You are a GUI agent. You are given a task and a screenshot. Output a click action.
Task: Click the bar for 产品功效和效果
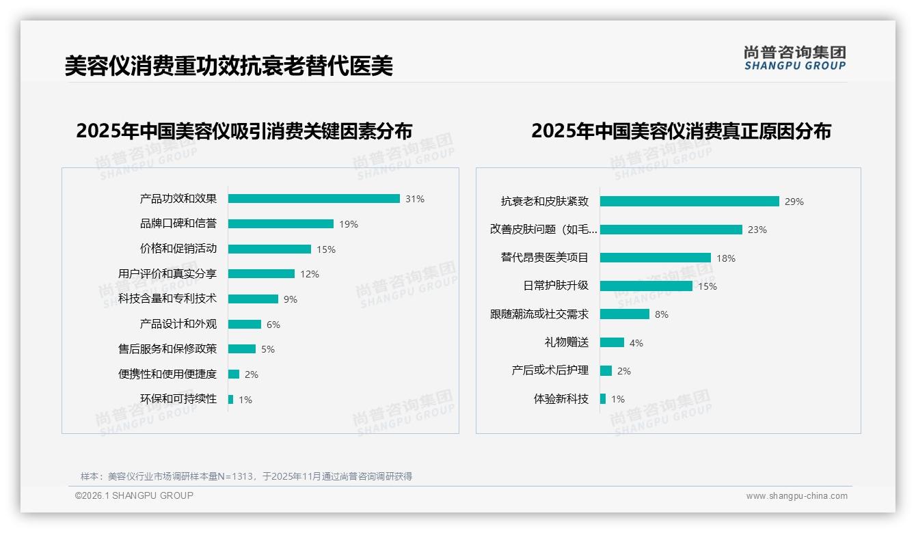(x=314, y=199)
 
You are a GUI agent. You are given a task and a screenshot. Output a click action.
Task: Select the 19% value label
(x=349, y=224)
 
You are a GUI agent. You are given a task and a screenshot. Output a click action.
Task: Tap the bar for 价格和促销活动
(x=269, y=249)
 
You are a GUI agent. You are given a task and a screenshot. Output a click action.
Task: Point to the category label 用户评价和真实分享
(x=167, y=274)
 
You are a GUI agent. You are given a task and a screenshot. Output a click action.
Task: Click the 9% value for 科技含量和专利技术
(x=291, y=299)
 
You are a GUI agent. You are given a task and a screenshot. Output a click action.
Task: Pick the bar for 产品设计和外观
(x=245, y=325)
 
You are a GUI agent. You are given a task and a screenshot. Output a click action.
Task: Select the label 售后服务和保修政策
(x=167, y=349)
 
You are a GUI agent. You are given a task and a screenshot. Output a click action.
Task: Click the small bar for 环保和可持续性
(x=231, y=400)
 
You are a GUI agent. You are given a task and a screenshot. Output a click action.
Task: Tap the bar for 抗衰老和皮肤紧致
(x=689, y=202)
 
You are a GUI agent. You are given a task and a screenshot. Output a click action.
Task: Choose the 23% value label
(x=757, y=230)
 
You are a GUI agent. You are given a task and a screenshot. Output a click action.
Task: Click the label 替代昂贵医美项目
(x=545, y=258)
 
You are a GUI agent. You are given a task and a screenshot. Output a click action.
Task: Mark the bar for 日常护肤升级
(x=646, y=286)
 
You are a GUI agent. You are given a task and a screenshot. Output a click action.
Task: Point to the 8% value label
(x=662, y=315)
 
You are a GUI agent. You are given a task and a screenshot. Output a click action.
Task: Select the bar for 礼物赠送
(x=612, y=342)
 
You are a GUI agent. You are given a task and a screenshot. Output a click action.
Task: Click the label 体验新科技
(x=561, y=399)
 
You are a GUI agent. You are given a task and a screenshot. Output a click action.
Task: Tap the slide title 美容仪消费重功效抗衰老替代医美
(x=229, y=66)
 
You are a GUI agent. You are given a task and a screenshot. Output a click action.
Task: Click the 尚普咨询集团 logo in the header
(x=795, y=58)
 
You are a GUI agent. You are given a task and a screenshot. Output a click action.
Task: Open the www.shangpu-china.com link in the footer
(x=796, y=496)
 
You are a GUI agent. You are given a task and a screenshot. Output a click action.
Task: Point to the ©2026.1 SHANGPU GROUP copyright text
(x=134, y=495)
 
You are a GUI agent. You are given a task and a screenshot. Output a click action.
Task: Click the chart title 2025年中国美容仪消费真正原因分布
(x=681, y=131)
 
